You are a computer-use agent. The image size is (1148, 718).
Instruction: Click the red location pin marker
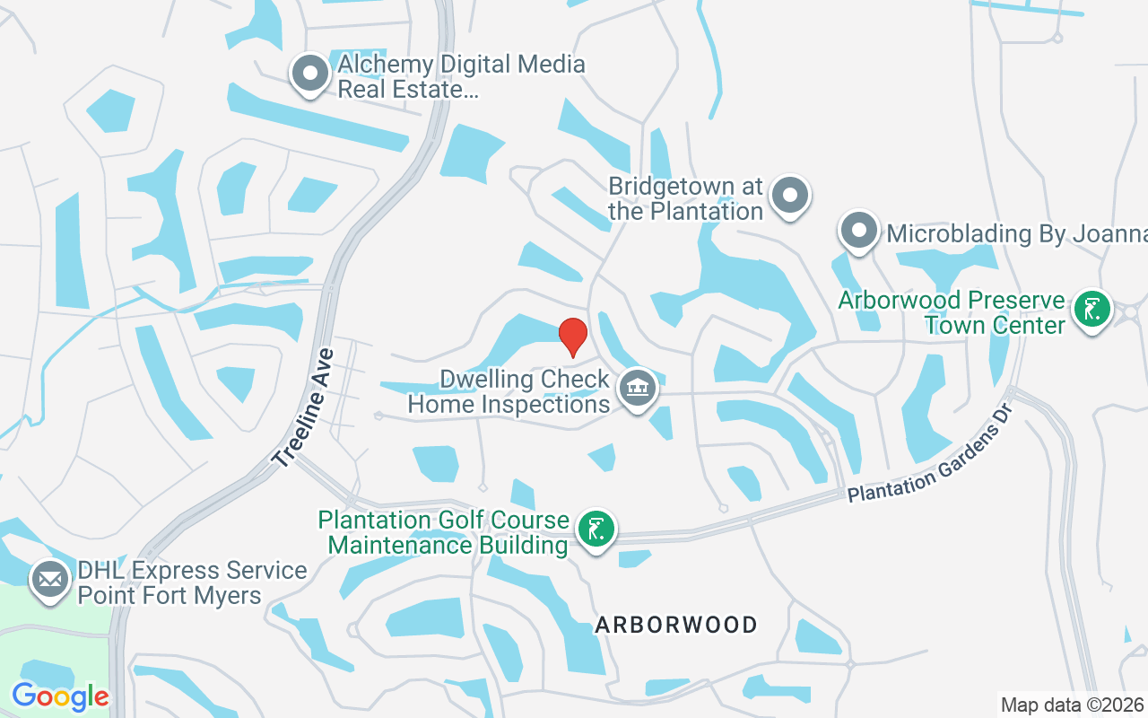click(573, 337)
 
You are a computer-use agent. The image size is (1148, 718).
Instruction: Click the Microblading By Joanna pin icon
click(858, 230)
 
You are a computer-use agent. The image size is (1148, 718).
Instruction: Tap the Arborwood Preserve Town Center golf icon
click(1091, 310)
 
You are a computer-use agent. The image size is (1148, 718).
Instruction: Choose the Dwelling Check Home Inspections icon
click(638, 389)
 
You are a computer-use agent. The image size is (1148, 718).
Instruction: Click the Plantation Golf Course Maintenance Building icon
click(595, 530)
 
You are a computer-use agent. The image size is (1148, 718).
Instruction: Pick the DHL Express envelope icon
click(51, 580)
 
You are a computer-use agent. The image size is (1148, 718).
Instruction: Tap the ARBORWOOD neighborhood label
click(676, 625)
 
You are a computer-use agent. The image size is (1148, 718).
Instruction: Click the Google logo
click(60, 696)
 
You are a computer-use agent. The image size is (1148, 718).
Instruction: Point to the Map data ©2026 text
click(1072, 705)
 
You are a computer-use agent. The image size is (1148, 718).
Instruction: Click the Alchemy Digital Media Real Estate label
click(461, 77)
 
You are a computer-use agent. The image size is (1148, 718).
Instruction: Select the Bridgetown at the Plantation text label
click(685, 199)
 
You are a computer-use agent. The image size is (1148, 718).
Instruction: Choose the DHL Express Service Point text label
click(192, 582)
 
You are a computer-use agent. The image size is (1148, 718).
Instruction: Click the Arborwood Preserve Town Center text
click(952, 312)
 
